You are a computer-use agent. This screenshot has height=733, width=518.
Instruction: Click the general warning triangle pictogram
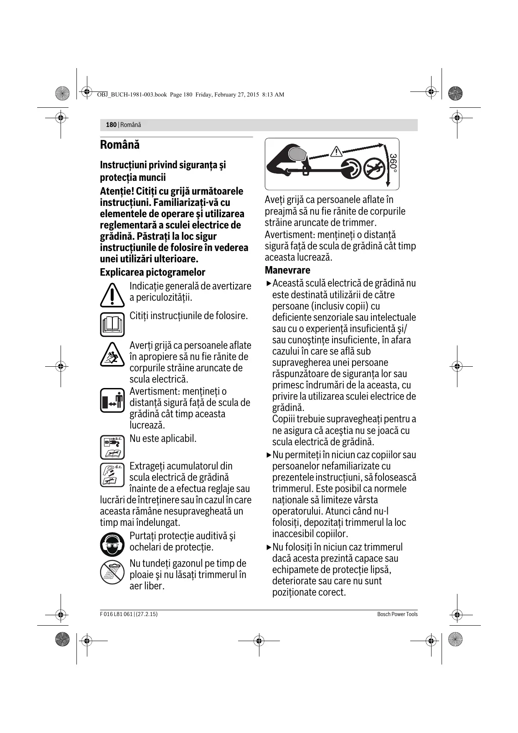[112, 294]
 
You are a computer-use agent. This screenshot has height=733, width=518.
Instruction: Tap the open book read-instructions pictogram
[112, 324]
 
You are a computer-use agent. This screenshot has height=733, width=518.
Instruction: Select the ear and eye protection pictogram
[112, 544]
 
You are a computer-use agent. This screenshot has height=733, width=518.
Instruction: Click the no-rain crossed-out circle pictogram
[112, 572]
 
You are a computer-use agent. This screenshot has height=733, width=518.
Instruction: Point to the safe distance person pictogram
[112, 400]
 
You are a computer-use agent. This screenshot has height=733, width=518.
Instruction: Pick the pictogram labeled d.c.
[112, 475]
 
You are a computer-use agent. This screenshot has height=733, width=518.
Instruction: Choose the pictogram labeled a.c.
[112, 447]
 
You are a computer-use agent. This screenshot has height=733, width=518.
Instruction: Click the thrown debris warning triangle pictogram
[112, 355]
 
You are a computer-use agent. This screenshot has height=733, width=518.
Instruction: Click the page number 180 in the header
[111, 125]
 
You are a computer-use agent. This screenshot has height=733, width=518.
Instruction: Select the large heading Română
[120, 145]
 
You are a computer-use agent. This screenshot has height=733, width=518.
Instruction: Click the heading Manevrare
[287, 270]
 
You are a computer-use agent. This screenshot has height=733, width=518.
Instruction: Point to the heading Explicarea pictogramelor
[152, 272]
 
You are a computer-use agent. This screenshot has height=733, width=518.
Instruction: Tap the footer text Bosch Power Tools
[397, 614]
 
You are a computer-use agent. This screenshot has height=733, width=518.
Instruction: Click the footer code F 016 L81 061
[116, 614]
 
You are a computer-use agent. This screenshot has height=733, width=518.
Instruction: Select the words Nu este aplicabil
[163, 439]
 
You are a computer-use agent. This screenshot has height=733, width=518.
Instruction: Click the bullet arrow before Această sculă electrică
[269, 284]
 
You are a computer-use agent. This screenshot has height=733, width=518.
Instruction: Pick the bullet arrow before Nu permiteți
[269, 455]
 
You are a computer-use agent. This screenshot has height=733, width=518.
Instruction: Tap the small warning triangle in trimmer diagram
[336, 152]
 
